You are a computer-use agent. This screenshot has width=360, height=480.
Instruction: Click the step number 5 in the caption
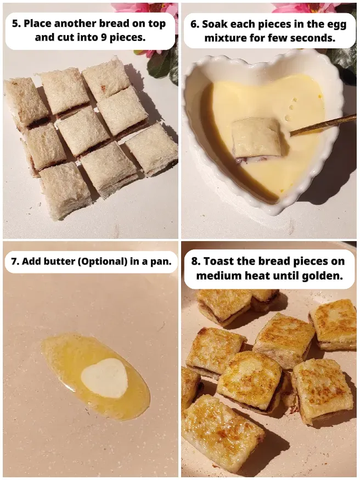(x=15, y=24)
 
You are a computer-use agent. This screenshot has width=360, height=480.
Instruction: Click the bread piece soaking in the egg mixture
(x=255, y=137)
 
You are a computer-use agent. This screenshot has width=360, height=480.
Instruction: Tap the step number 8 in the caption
(x=195, y=261)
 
